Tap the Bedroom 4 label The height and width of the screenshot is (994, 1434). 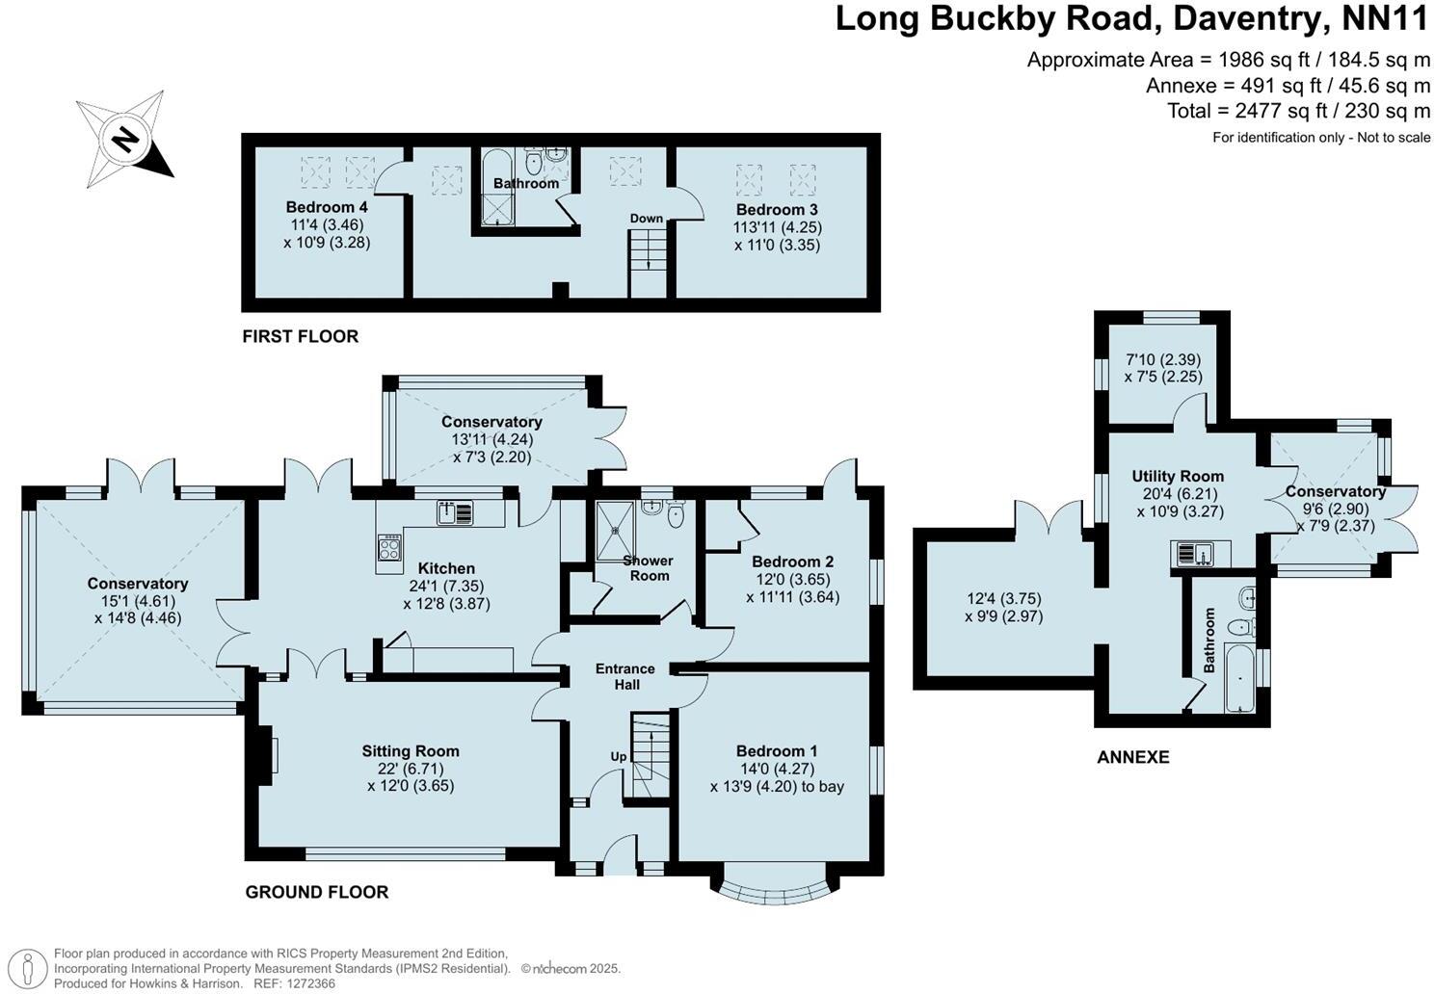[327, 207]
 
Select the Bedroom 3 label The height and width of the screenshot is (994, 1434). [777, 210]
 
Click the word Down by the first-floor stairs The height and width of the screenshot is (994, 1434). [647, 219]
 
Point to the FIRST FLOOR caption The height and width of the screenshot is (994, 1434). [300, 336]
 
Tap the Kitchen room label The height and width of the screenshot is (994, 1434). [446, 569]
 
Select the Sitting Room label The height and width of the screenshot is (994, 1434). [411, 751]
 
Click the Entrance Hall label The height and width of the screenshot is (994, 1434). [624, 676]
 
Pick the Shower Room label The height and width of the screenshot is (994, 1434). [649, 568]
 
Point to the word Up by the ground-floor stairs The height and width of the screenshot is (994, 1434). [618, 756]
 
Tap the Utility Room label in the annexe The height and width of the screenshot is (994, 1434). [1178, 476]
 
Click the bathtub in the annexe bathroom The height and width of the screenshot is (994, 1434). [1239, 679]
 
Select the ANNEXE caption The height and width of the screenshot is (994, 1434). [1133, 757]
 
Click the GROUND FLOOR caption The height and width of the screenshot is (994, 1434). [317, 892]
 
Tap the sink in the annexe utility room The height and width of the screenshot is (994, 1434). [1200, 554]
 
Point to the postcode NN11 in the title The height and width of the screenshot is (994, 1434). [1385, 19]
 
